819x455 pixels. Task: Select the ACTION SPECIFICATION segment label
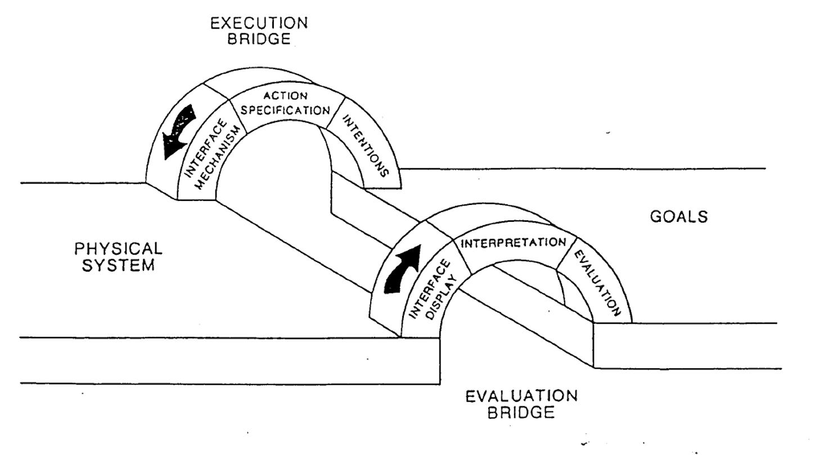[x=285, y=103]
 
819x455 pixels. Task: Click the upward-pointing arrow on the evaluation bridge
[x=400, y=269]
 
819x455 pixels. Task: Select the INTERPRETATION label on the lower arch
[x=512, y=243]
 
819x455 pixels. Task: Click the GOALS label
[x=679, y=217]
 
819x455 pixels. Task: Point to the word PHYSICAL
[x=118, y=248]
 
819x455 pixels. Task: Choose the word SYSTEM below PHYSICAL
[x=118, y=265]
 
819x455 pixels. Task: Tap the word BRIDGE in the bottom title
[x=521, y=413]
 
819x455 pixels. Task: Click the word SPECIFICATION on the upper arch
[x=285, y=110]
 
